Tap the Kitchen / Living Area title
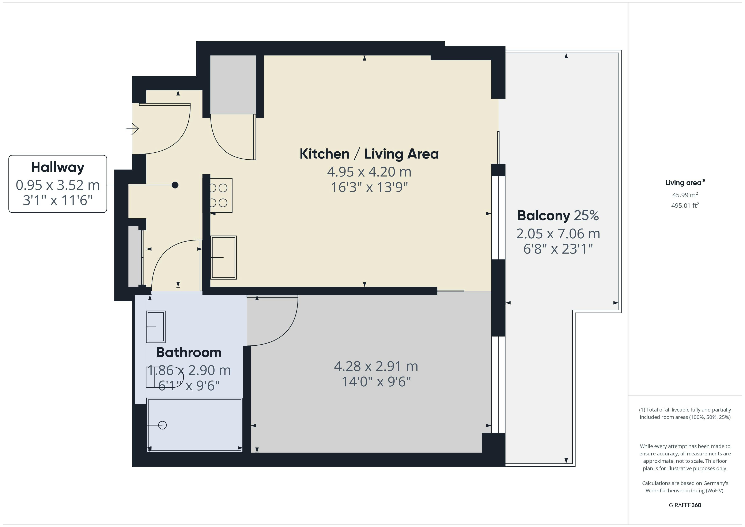[x=369, y=154]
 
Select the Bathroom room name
[x=189, y=352]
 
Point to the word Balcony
[x=544, y=216]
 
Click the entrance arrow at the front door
[x=133, y=129]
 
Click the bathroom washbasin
[x=156, y=326]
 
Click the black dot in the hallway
[x=175, y=185]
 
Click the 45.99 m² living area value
[x=685, y=195]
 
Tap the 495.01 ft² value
[x=685, y=205]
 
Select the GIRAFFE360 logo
[x=685, y=505]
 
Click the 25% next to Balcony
[x=586, y=216]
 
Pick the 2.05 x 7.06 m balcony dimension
[x=558, y=234]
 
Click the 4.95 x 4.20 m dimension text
[x=369, y=172]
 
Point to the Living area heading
[x=683, y=183]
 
